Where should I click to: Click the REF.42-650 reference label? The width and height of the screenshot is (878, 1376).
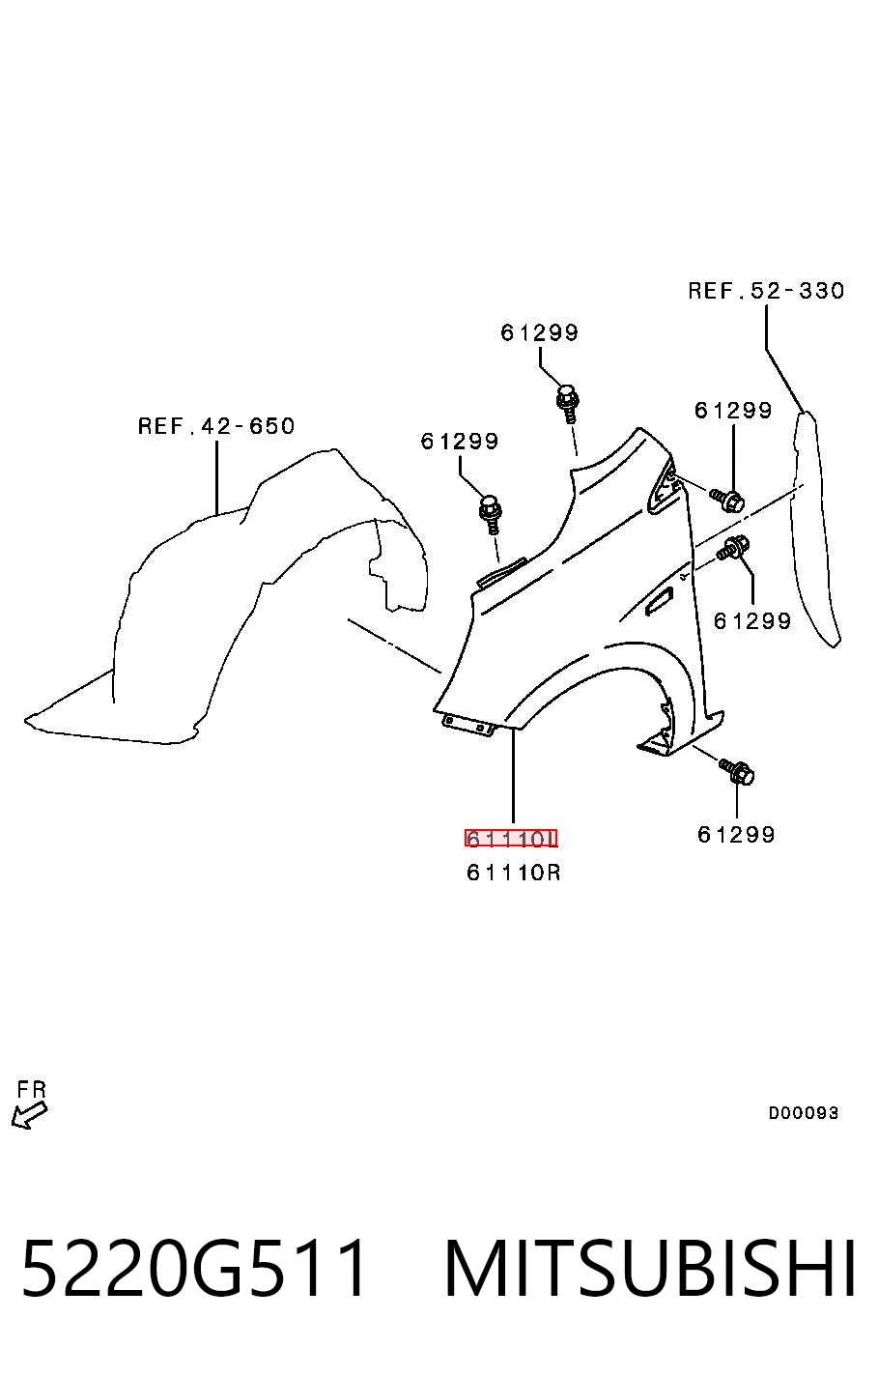(x=216, y=426)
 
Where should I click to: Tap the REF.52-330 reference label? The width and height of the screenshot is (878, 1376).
(x=766, y=290)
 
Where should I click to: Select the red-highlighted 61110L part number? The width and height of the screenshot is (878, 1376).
(x=511, y=838)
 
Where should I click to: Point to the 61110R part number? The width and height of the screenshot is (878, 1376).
(x=513, y=873)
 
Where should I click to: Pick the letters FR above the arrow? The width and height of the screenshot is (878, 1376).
(x=31, y=1090)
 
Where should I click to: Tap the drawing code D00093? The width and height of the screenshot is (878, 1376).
(x=803, y=1112)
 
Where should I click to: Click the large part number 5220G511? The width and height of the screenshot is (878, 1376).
(x=195, y=1268)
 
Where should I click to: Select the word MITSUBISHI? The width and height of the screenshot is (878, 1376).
(x=650, y=1268)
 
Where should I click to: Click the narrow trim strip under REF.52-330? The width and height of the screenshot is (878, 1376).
(x=816, y=529)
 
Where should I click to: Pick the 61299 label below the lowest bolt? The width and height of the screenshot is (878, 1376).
(x=736, y=834)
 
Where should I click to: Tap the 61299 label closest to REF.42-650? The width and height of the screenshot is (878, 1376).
(x=459, y=441)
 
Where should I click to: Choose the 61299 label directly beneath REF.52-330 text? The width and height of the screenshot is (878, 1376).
(x=733, y=410)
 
